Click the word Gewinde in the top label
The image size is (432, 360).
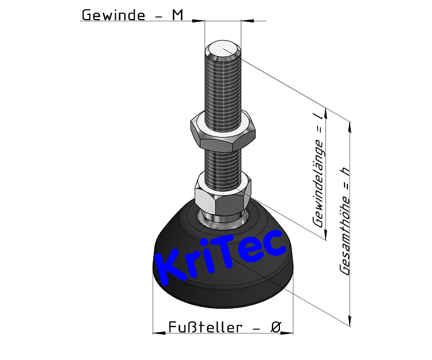click(x=112, y=15)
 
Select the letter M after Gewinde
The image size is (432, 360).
click(x=178, y=15)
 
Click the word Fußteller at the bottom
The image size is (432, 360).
click(x=205, y=327)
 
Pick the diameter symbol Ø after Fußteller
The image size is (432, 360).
click(x=275, y=327)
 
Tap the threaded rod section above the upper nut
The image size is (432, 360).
click(x=222, y=86)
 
